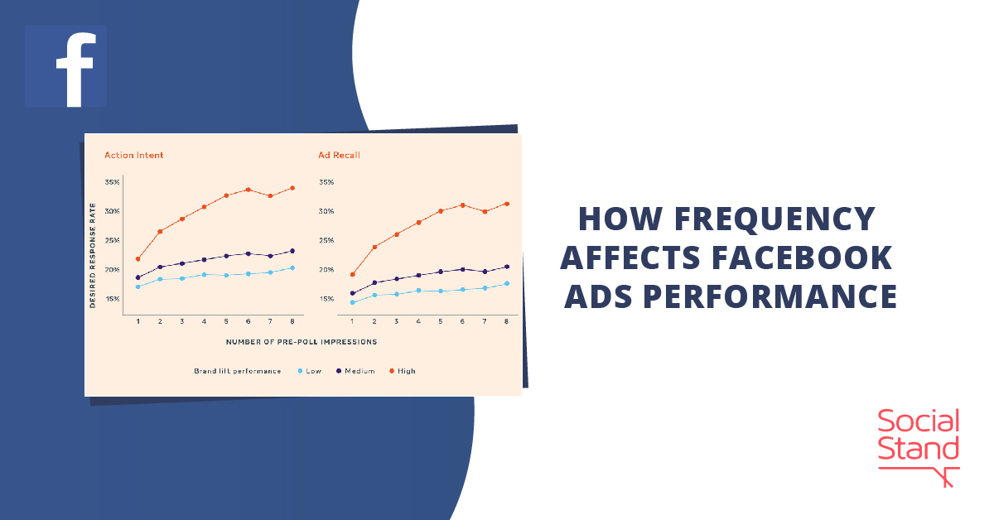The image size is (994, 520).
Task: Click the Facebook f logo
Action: (x=65, y=66)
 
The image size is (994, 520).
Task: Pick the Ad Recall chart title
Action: (x=339, y=155)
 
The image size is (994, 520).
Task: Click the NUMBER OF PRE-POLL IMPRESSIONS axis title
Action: (x=302, y=341)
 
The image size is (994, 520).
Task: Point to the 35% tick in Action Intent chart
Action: (x=112, y=182)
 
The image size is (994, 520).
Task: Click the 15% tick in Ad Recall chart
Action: (x=326, y=299)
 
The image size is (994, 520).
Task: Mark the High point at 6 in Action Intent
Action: (x=248, y=190)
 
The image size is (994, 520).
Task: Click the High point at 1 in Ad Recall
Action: (x=352, y=274)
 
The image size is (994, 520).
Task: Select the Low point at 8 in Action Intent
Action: (x=292, y=268)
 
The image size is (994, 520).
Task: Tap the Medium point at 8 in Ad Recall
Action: (x=506, y=267)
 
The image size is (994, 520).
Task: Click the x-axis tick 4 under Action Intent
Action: (x=204, y=321)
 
